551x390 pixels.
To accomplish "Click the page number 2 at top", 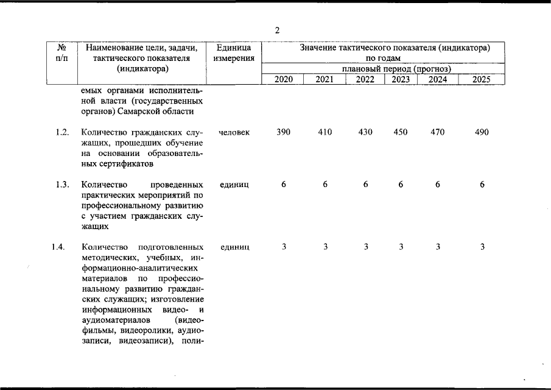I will coord(277,30).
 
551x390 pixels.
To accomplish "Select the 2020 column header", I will coord(284,79).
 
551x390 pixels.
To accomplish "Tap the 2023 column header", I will coord(401,79).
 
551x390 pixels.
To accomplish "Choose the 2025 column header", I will coord(481,79).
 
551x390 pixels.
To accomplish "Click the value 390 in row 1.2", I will coord(284,132).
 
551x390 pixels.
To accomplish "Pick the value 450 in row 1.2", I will coord(401,132).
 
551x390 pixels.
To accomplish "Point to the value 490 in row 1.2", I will coord(482,132).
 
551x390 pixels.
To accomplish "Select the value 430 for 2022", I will coord(365,132).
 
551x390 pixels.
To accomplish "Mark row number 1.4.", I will coord(58,247).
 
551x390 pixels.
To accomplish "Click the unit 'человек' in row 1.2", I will coord(233,132).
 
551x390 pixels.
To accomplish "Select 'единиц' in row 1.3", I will coord(233,185).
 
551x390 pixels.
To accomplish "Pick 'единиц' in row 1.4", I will coord(233,247).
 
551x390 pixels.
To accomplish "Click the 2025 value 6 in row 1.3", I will coord(482,185).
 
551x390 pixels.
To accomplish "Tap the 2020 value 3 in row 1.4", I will coord(284,247).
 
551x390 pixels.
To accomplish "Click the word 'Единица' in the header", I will coord(234,48).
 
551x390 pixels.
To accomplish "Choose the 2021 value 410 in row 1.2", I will coord(325,132).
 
